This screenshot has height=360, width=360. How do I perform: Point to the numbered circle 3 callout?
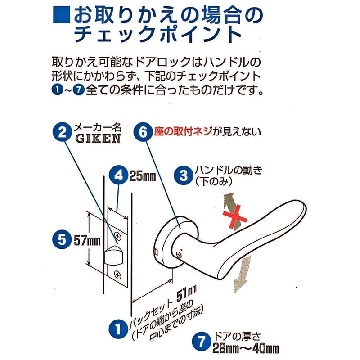point(184,176)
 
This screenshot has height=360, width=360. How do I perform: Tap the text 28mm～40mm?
point(246,348)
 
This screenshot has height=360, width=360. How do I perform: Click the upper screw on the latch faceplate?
point(119,235)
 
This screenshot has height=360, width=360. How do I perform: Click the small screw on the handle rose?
point(180,255)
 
